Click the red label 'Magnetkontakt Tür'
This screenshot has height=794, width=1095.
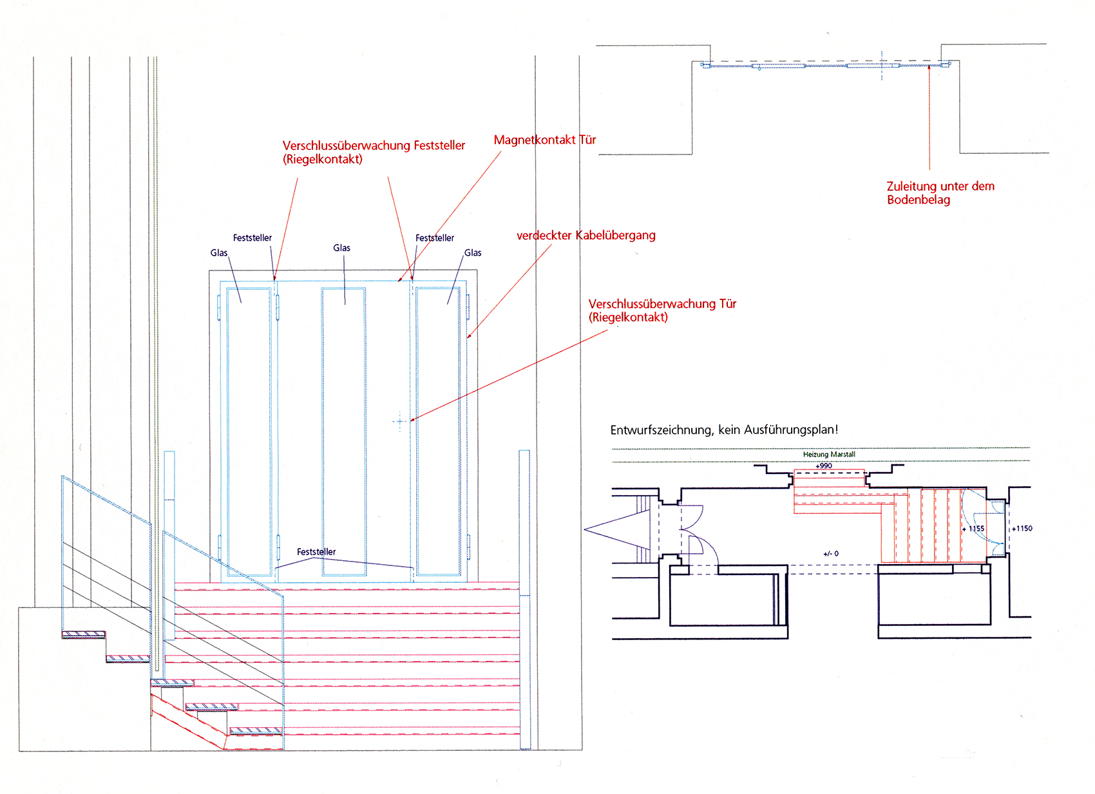(x=544, y=140)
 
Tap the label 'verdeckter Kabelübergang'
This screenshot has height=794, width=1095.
(x=586, y=235)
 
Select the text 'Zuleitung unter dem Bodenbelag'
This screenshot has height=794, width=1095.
(x=940, y=193)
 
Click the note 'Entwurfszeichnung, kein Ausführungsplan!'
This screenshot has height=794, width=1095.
(x=724, y=430)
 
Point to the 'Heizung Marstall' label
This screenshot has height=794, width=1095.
(x=828, y=454)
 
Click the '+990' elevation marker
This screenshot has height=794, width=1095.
(x=823, y=466)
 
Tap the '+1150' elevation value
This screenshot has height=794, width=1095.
(x=1022, y=528)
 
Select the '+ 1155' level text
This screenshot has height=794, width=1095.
(x=973, y=529)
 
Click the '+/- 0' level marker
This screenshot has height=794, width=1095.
(x=831, y=553)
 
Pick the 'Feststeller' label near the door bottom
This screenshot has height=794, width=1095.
(x=316, y=551)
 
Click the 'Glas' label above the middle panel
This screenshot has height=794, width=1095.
(x=341, y=248)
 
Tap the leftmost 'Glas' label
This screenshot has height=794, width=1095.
(x=219, y=252)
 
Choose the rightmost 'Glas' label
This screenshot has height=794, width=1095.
(x=473, y=252)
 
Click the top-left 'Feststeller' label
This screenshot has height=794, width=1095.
(x=252, y=238)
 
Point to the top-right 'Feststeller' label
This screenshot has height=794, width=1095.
(x=434, y=238)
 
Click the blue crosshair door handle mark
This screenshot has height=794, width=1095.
(x=400, y=422)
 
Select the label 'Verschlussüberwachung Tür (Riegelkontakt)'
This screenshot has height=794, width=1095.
(x=662, y=310)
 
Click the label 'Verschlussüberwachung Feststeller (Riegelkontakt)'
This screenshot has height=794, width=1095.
(x=374, y=152)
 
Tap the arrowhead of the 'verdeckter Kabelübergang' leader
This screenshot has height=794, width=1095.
(x=469, y=336)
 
